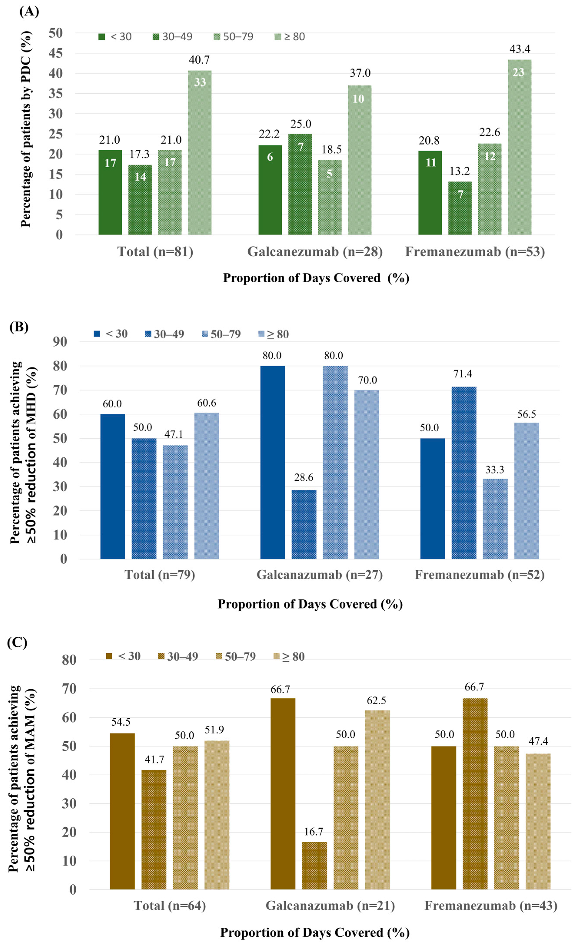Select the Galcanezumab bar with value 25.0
300,184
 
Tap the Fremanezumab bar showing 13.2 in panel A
460,208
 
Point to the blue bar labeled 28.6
304,524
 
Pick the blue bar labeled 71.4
464,472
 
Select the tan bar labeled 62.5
377,800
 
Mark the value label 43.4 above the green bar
520,49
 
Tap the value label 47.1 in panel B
174,434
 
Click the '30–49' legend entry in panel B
165,334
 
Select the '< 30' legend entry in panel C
123,656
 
